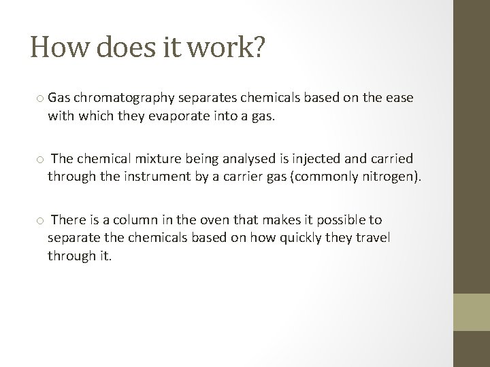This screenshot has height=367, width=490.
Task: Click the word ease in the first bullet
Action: pos(400,99)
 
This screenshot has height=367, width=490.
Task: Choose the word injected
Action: pos(317,159)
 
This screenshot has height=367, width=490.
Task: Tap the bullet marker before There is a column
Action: pos(40,221)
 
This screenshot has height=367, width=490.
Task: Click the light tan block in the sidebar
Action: pos(472,312)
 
